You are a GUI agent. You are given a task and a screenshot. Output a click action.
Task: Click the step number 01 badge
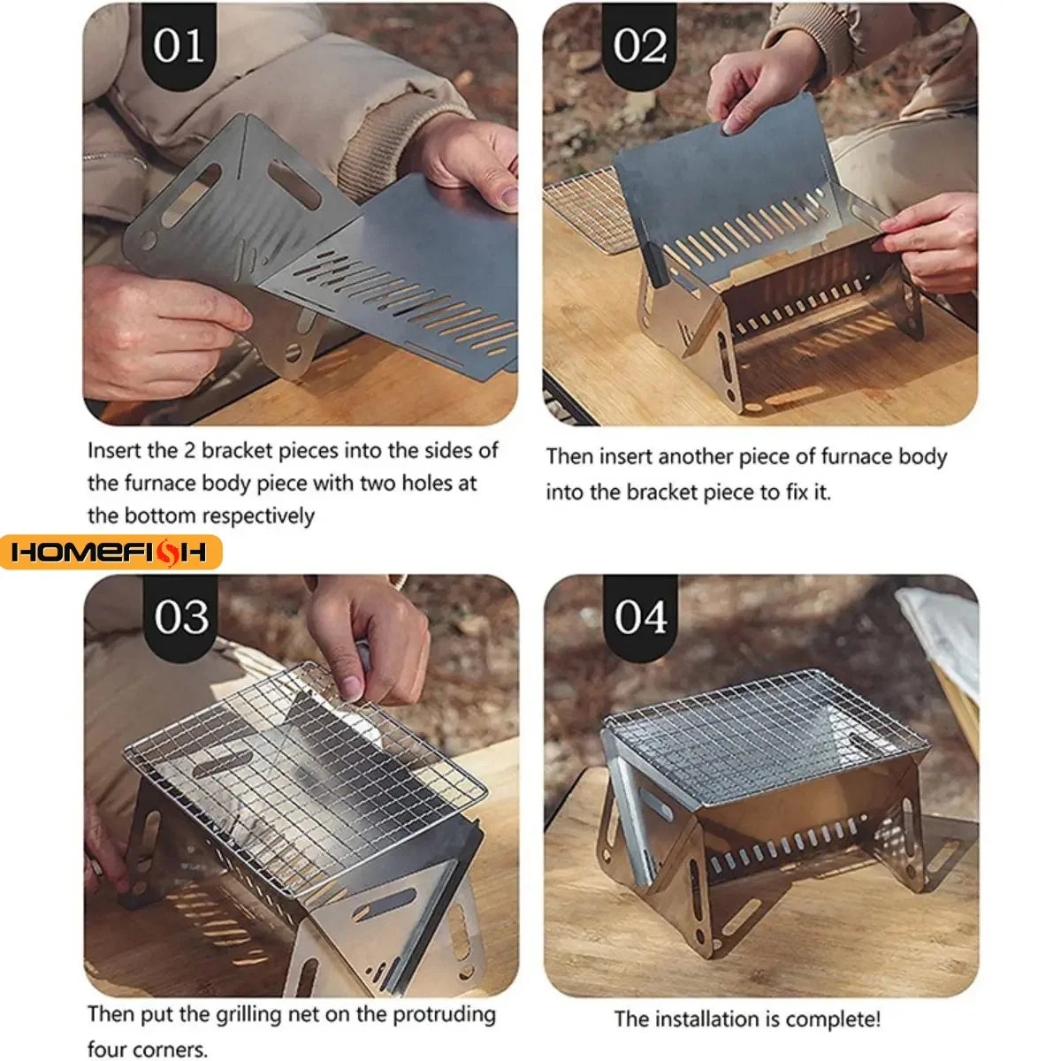point(179,46)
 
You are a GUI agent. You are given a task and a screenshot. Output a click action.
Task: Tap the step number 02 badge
point(639,46)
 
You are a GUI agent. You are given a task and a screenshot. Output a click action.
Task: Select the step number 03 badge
point(180,617)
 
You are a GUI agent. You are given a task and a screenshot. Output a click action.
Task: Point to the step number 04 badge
point(640,617)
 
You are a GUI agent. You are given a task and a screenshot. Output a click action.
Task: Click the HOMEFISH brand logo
point(111,553)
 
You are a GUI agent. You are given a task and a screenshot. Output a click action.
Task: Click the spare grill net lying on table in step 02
point(587,208)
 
